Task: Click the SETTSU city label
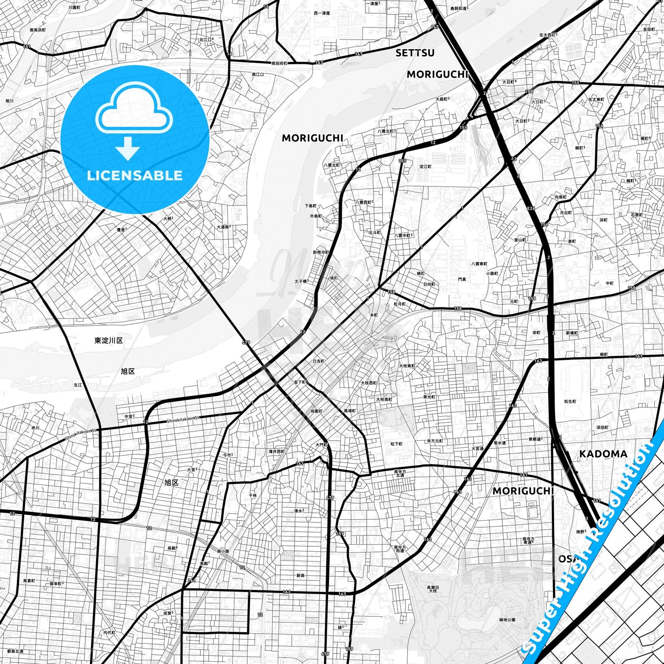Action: (415, 53)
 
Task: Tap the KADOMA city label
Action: (603, 454)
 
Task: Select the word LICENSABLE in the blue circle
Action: (135, 176)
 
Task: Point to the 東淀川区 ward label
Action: (108, 341)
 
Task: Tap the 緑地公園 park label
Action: (507, 620)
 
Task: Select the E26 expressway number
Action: (531, 209)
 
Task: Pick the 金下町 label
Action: (300, 382)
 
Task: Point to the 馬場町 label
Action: (349, 410)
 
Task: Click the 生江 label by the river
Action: (78, 385)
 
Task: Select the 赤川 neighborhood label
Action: (35, 428)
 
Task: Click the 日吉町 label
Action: (318, 361)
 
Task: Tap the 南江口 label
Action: (258, 74)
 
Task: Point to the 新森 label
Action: (300, 575)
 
